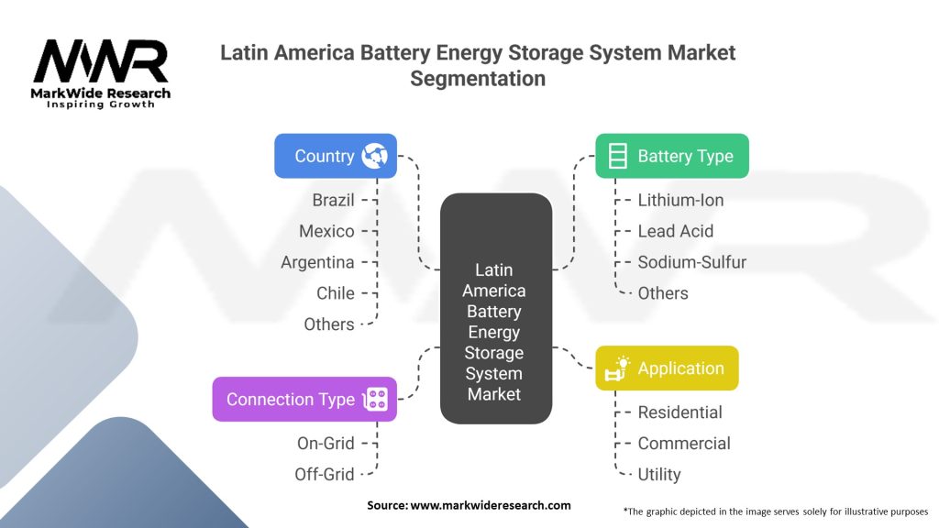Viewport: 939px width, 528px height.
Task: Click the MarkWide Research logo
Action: (101, 71)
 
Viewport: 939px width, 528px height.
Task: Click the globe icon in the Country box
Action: (374, 156)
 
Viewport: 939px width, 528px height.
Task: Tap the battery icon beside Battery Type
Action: (618, 156)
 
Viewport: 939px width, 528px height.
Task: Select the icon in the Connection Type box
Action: (376, 399)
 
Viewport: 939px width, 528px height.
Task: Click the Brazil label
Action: (333, 200)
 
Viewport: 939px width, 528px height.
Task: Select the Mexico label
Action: (326, 231)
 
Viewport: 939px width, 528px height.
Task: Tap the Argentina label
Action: (317, 262)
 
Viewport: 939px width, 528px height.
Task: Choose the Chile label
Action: (336, 293)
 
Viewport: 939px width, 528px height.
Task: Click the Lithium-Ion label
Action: (680, 200)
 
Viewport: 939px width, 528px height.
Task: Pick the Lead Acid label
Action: (675, 231)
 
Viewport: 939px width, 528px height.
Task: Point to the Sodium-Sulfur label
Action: (691, 262)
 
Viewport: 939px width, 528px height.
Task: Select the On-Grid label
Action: (325, 443)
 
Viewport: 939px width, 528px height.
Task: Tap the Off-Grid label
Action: (324, 474)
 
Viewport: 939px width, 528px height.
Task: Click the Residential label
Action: (679, 412)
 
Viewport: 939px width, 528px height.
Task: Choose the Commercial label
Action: (684, 443)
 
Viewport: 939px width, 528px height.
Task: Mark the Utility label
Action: (658, 474)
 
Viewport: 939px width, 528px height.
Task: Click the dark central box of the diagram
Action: (495, 308)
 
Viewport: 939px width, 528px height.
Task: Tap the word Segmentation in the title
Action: (477, 79)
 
